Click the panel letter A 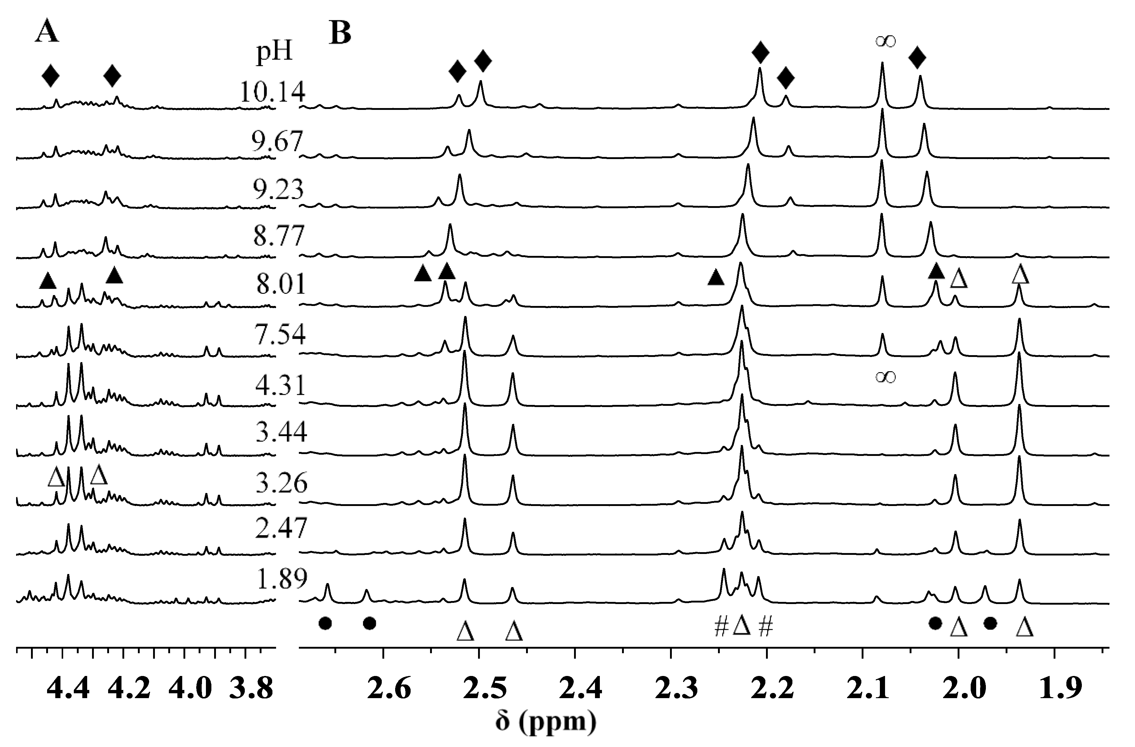coord(47,33)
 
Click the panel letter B coord(340,33)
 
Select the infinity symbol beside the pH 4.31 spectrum coord(886,377)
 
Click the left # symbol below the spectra coord(721,627)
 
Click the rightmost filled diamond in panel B coord(917,58)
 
